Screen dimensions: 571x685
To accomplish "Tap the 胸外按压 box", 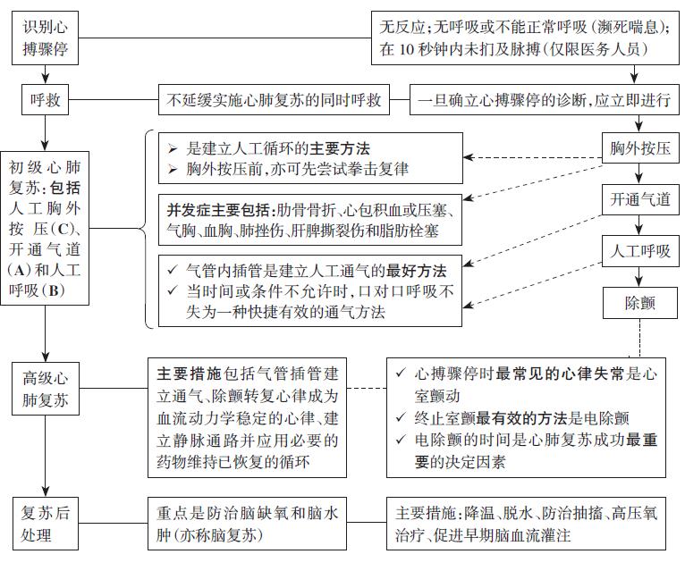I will [640, 147].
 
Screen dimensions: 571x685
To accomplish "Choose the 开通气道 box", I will [640, 199].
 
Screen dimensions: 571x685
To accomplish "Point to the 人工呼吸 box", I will [640, 251].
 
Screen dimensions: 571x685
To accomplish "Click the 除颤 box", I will [640, 303].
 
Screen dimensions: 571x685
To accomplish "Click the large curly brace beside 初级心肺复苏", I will [145, 229].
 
